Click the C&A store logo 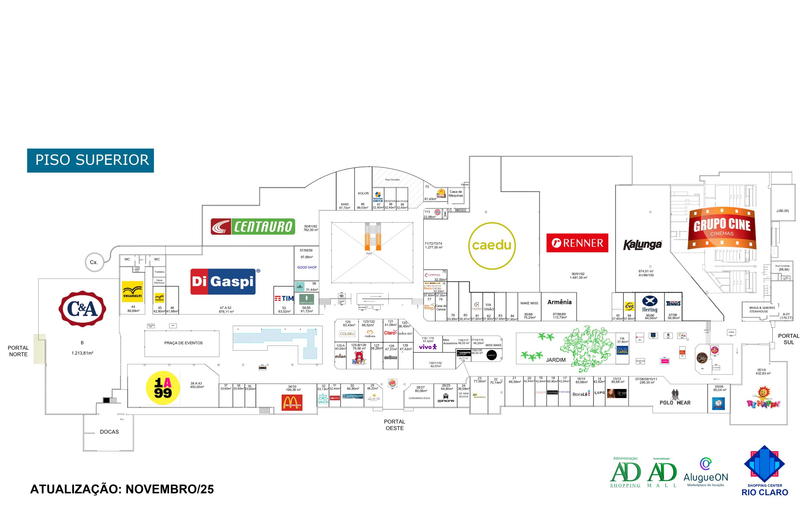tap(82, 309)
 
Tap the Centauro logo tap(253, 226)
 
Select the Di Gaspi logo tap(223, 282)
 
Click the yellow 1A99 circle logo tap(163, 388)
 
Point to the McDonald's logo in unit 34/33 tap(292, 402)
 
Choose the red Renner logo tap(577, 243)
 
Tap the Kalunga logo tap(642, 244)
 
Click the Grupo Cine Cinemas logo tap(722, 228)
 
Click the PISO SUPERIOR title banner tap(91, 160)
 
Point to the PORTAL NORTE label tap(18, 351)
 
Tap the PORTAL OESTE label tap(394, 425)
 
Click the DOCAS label tap(109, 431)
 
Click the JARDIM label tap(556, 360)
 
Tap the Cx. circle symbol tap(94, 262)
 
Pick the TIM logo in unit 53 tap(284, 298)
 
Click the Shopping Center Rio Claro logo tap(764, 470)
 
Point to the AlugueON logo tap(706, 472)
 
